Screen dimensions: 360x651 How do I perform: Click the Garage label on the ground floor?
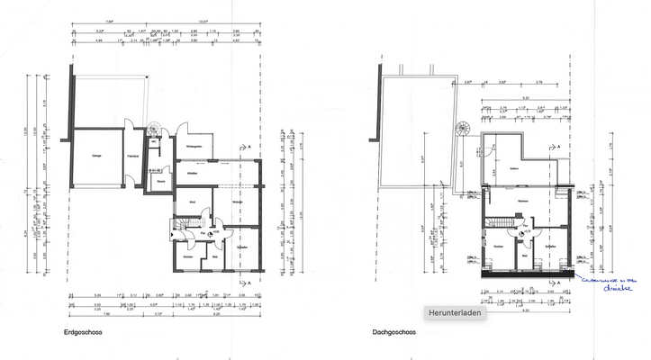[96, 155]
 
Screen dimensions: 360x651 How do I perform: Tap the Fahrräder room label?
[132, 155]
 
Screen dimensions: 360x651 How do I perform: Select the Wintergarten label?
[193, 147]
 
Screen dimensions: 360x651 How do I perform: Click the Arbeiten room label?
[192, 172]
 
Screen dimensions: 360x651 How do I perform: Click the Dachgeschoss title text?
[393, 332]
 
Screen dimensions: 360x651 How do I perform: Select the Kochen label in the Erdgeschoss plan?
[187, 257]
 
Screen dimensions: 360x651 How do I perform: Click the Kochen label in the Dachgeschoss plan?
[498, 245]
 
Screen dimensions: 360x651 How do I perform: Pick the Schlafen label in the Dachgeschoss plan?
[550, 245]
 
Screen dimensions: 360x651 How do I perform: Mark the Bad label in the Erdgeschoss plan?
[215, 257]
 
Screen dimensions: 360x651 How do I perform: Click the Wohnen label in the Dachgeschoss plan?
[521, 202]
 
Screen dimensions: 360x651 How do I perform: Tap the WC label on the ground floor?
[154, 142]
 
